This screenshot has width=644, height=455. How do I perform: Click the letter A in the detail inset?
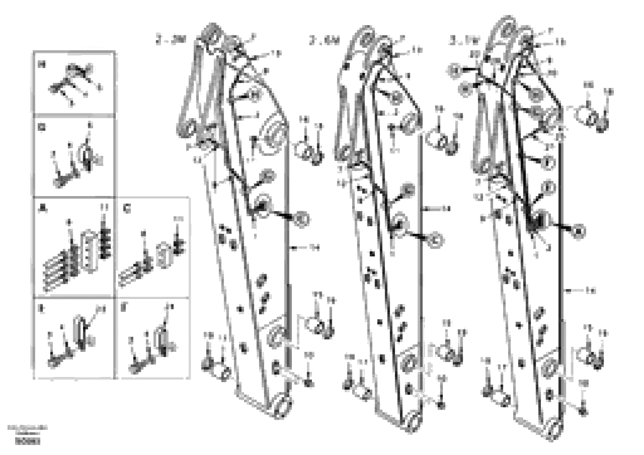pos(42,209)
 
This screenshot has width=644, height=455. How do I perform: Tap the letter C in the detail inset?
pos(127,209)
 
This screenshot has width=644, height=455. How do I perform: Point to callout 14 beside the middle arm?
pos(446,209)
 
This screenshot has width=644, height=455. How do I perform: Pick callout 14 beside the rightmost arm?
pos(591,291)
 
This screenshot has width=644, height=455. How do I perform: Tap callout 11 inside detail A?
pos(104,208)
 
